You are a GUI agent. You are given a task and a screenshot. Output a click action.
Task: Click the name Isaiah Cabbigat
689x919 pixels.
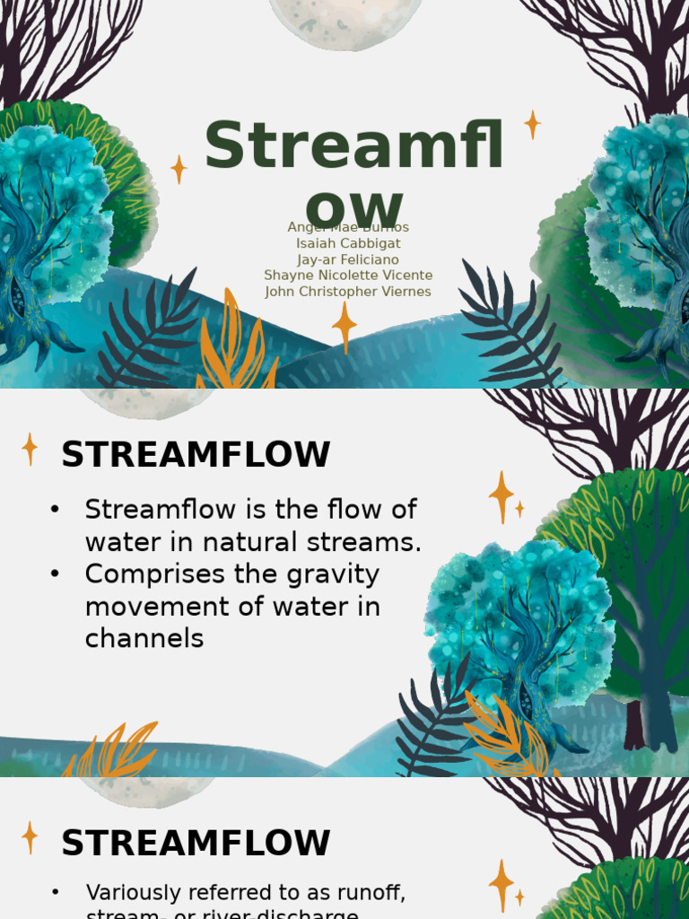(348, 243)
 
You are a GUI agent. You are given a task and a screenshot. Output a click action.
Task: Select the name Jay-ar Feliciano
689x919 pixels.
(348, 259)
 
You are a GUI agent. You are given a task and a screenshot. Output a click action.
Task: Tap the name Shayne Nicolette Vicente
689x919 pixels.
(348, 276)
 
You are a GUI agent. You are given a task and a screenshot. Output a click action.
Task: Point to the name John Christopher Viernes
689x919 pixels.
(348, 292)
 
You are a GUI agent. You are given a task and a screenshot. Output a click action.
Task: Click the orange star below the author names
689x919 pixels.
(344, 325)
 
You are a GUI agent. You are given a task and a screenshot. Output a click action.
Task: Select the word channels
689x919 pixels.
(144, 639)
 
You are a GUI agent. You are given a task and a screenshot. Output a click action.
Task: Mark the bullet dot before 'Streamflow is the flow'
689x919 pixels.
(56, 510)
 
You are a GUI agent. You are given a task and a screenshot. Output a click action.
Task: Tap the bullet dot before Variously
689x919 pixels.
(56, 893)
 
